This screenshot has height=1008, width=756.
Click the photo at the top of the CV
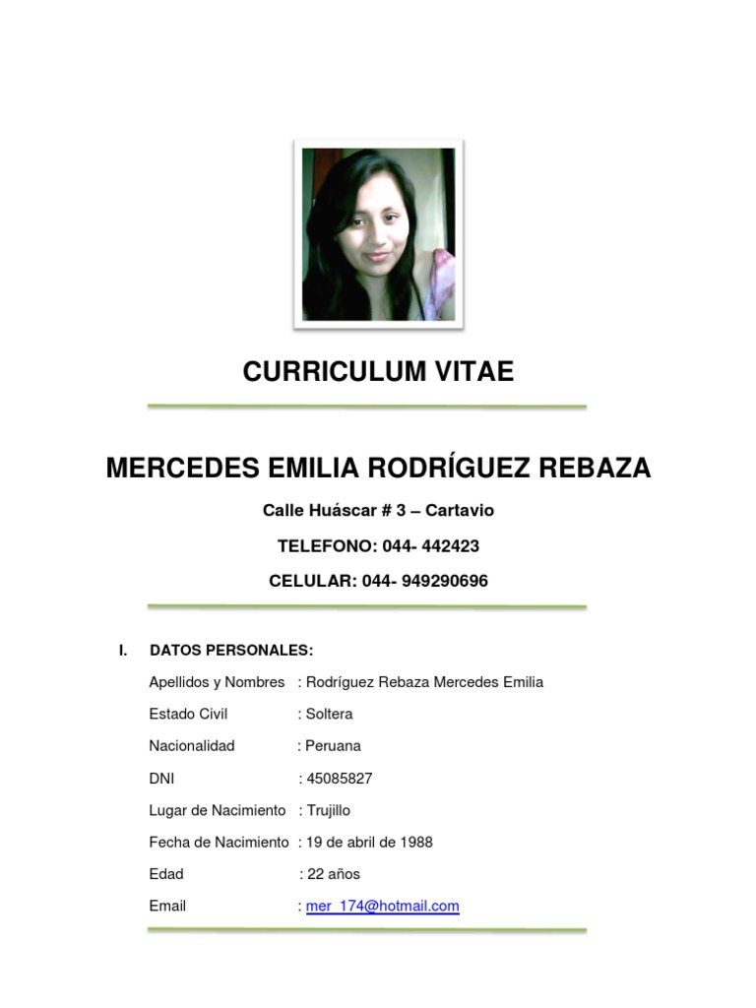point(378,234)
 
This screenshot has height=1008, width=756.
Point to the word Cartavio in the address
point(460,511)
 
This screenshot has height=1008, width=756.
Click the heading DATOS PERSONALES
point(231,650)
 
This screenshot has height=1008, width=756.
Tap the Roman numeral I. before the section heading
point(122,650)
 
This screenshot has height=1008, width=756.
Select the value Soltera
point(329,714)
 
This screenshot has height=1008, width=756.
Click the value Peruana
point(333,746)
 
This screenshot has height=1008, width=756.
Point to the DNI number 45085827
point(340,779)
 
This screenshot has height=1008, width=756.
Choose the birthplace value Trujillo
point(328,810)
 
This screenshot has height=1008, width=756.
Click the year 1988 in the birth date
point(414,843)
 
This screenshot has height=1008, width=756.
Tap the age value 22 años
point(334,874)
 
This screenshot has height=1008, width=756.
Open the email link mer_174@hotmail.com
point(382,907)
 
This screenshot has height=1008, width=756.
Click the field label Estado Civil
point(188,714)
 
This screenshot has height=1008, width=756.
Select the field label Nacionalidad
point(192,746)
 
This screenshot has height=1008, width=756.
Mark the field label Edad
point(166,874)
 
